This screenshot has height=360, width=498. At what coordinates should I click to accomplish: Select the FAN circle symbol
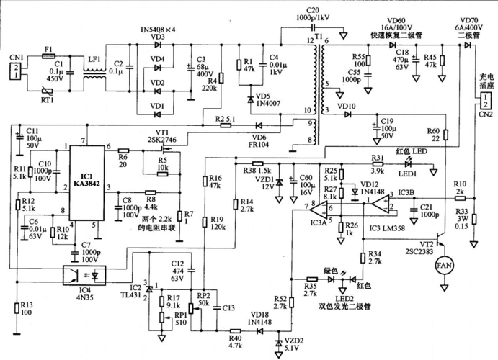point(445,267)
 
